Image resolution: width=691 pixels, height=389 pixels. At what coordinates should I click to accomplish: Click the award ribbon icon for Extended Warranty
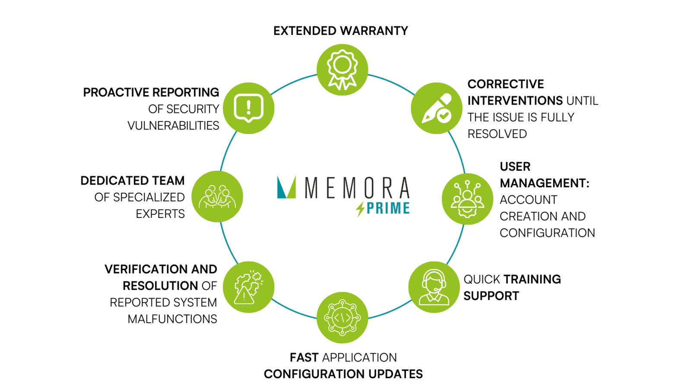(342, 70)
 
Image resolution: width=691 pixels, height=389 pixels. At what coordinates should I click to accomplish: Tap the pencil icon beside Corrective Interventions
(437, 108)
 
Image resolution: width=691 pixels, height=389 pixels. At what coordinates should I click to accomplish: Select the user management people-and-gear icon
(467, 199)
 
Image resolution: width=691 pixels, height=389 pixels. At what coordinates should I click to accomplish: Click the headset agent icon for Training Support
(434, 287)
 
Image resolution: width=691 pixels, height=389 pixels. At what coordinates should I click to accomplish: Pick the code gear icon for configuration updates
(342, 318)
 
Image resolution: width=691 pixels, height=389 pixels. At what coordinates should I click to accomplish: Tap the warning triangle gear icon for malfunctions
(248, 287)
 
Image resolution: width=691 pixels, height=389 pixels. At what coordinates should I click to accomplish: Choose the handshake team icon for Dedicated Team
(217, 197)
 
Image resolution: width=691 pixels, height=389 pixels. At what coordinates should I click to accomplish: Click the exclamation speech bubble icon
(248, 108)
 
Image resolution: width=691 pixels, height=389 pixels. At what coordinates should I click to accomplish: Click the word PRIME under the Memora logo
(388, 208)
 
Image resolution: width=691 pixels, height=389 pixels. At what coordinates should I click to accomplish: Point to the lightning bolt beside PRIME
(360, 209)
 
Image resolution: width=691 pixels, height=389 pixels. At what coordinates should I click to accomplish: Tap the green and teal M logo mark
(286, 187)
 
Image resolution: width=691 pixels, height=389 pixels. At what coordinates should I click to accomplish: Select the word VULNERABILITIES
(173, 126)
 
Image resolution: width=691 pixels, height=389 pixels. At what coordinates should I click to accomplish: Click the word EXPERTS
(160, 214)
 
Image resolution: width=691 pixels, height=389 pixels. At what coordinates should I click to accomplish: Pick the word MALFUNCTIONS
(172, 319)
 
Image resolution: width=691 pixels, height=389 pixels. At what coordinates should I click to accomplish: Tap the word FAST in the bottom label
(304, 357)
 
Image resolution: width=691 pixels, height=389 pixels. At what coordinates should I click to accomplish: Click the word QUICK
(482, 279)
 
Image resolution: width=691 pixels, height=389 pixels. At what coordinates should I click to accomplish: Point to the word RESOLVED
(497, 134)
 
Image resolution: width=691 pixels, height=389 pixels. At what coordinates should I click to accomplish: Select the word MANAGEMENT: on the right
(545, 183)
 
